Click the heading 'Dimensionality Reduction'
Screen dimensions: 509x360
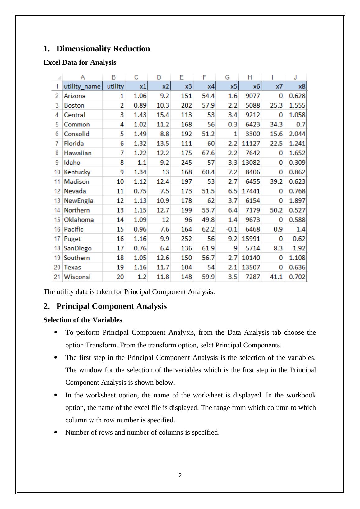click(103, 49)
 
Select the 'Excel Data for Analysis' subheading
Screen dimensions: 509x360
click(80, 62)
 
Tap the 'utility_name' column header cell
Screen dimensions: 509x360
click(82, 86)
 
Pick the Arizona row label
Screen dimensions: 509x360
click(75, 96)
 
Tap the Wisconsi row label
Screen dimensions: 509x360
click(77, 277)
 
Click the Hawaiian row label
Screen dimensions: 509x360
click(78, 153)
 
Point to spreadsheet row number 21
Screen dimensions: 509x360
click(57, 277)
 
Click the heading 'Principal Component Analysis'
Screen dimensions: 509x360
click(111, 306)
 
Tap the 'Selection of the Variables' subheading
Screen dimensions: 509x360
click(83, 320)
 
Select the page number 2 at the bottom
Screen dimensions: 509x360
click(180, 475)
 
